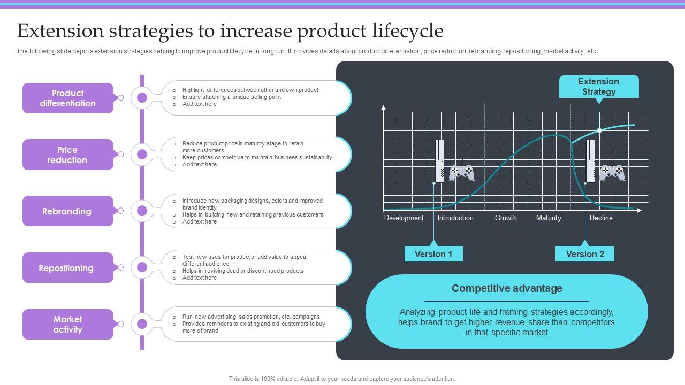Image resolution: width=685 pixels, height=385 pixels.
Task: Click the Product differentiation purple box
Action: coord(68,98)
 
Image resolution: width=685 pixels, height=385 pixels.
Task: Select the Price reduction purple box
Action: coord(68,155)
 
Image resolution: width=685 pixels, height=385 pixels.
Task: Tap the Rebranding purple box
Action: coord(68,211)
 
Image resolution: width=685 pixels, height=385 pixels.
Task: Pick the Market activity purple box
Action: coord(68,324)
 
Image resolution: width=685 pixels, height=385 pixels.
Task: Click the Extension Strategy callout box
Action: coord(599,87)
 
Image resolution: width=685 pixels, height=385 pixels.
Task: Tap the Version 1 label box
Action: coord(433,254)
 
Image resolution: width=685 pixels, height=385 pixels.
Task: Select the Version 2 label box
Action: coord(585,254)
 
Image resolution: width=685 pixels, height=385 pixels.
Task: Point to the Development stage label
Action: coord(404,218)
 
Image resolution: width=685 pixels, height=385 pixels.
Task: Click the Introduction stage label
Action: coord(455,218)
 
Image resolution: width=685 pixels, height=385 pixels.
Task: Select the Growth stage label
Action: coord(506,218)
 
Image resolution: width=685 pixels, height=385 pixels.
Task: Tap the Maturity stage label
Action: coord(549,218)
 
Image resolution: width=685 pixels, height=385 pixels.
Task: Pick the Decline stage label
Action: coord(601,218)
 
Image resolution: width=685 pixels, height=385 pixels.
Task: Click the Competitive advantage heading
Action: coord(507,289)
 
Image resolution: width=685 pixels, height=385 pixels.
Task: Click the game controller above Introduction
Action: coord(461,172)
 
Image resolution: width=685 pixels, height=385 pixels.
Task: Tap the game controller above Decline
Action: coord(612,172)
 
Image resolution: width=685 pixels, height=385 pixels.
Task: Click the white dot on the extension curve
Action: coord(599,130)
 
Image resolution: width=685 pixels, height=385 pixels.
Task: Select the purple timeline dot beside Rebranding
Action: coord(142,211)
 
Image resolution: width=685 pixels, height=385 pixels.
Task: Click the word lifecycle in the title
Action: coord(407,32)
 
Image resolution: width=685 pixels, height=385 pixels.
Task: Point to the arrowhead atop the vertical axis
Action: coord(383,107)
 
